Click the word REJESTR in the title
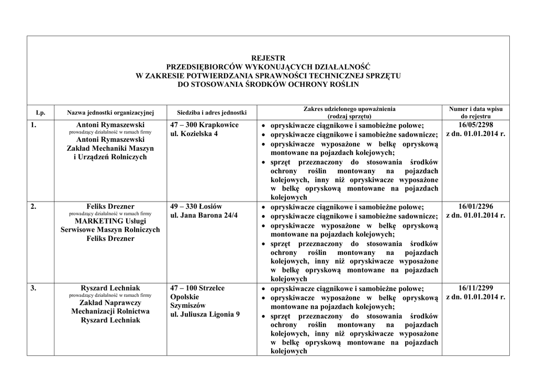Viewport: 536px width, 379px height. click(x=268, y=58)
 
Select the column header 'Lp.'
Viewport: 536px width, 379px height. click(x=40, y=113)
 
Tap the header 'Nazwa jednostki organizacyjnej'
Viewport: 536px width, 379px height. click(x=110, y=113)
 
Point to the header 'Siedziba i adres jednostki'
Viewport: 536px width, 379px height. click(x=211, y=113)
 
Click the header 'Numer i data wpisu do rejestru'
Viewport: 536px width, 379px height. click(x=476, y=113)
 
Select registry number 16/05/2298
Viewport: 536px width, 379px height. click(x=476, y=125)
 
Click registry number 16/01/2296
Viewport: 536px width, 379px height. click(x=476, y=207)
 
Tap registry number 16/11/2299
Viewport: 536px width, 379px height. click(x=476, y=288)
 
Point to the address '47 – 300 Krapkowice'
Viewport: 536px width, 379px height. click(x=205, y=125)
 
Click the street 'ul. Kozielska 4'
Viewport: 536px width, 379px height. click(x=194, y=134)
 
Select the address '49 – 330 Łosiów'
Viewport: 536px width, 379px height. click(x=196, y=207)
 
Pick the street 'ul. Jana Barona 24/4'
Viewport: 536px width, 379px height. click(x=204, y=216)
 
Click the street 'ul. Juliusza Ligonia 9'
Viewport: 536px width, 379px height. click(x=205, y=315)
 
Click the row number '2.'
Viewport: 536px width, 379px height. click(x=33, y=207)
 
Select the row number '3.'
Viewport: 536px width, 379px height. click(x=33, y=288)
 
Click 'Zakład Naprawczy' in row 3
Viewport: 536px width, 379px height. click(x=110, y=303)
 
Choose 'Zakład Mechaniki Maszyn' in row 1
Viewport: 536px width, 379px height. click(x=110, y=149)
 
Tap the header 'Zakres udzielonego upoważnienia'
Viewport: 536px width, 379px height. click(x=349, y=109)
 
